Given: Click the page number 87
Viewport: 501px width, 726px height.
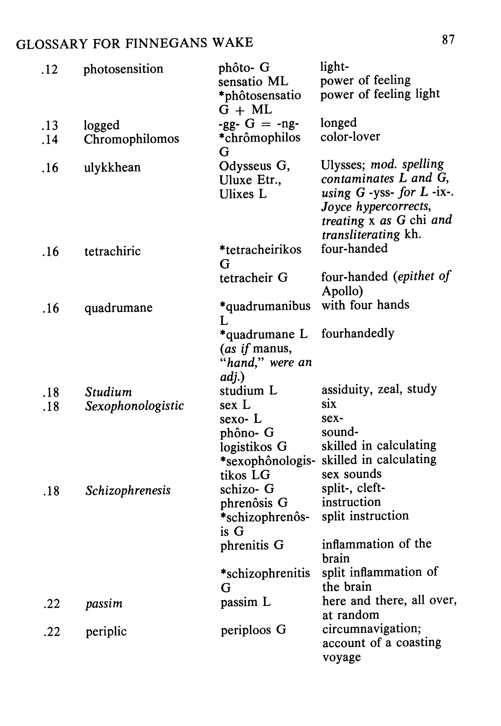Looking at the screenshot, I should tap(448, 40).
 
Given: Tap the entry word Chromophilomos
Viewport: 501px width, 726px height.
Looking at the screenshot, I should tap(131, 139).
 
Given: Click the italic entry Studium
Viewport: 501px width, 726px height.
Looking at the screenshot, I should tap(109, 392).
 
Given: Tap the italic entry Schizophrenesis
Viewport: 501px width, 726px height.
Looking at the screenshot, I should tap(128, 490).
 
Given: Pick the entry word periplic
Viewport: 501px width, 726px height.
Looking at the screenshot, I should tap(106, 631).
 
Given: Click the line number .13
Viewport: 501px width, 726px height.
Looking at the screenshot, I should tap(50, 126).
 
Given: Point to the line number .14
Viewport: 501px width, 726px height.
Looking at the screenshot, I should tap(50, 139).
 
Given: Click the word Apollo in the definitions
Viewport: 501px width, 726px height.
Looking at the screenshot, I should tap(342, 291).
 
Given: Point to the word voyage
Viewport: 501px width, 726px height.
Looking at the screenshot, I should tap(342, 657).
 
